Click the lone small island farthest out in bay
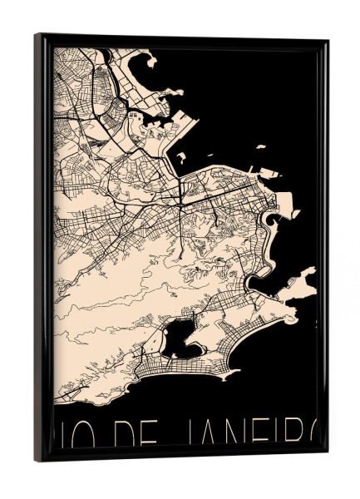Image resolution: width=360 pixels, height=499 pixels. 260,147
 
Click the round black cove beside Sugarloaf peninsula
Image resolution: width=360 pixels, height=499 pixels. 271,220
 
